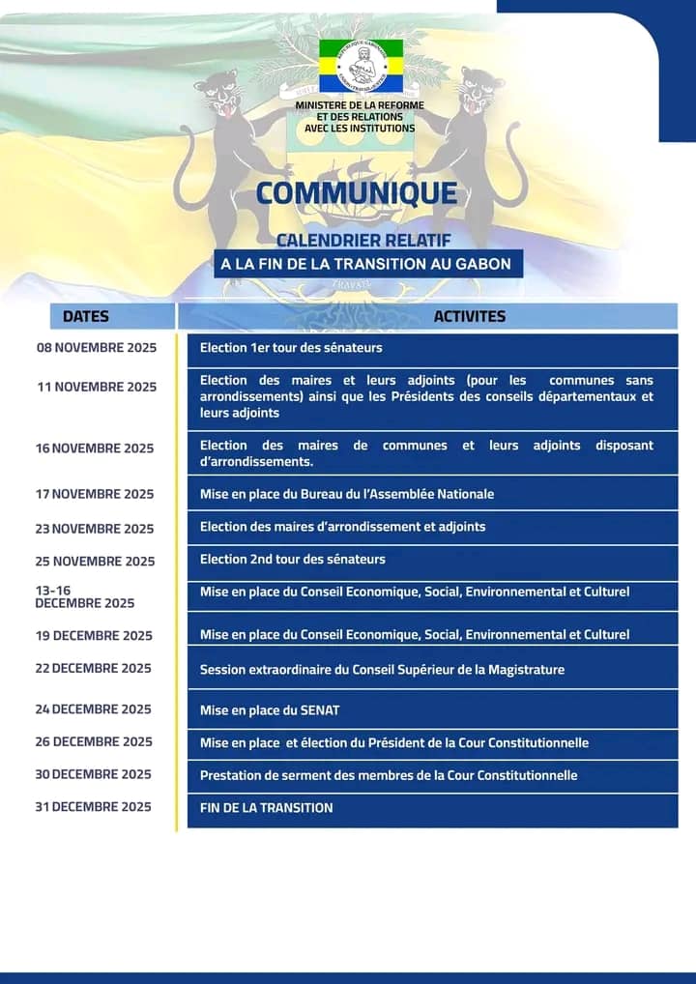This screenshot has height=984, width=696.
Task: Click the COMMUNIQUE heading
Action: coord(357,193)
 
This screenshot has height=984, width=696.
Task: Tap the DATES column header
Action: coord(86,316)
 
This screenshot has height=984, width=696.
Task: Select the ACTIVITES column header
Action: coord(469,316)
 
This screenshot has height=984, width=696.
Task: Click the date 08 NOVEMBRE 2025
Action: coord(96,348)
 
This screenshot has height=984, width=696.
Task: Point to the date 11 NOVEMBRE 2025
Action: coord(97,387)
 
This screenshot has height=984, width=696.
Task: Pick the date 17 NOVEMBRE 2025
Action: coord(95,494)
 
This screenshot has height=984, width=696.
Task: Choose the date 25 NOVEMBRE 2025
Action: coord(95,561)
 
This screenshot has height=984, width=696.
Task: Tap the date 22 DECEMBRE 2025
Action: coord(94,668)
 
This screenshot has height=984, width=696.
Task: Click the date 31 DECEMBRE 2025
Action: coord(94,806)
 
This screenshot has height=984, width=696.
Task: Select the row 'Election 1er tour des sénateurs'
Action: coord(432,348)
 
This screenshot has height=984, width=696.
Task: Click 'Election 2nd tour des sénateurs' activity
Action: coord(432,559)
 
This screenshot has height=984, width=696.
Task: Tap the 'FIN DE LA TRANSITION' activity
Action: coord(432,808)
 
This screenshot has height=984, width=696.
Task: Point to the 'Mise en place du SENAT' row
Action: coord(432,710)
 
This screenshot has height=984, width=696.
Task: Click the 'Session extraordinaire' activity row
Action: coord(432,669)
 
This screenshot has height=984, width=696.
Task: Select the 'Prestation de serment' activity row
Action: coord(432,775)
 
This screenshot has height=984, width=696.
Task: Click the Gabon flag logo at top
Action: coord(361,65)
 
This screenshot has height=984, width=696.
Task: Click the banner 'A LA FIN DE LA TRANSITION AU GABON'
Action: coord(368,264)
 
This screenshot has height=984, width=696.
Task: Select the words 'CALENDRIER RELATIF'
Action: coord(363,239)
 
